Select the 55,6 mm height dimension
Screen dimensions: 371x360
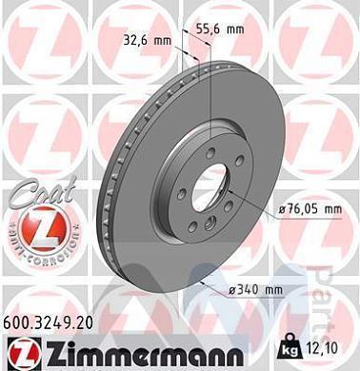pyautogui.click(x=222, y=29)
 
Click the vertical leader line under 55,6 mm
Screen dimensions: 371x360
pyautogui.click(x=207, y=86)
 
